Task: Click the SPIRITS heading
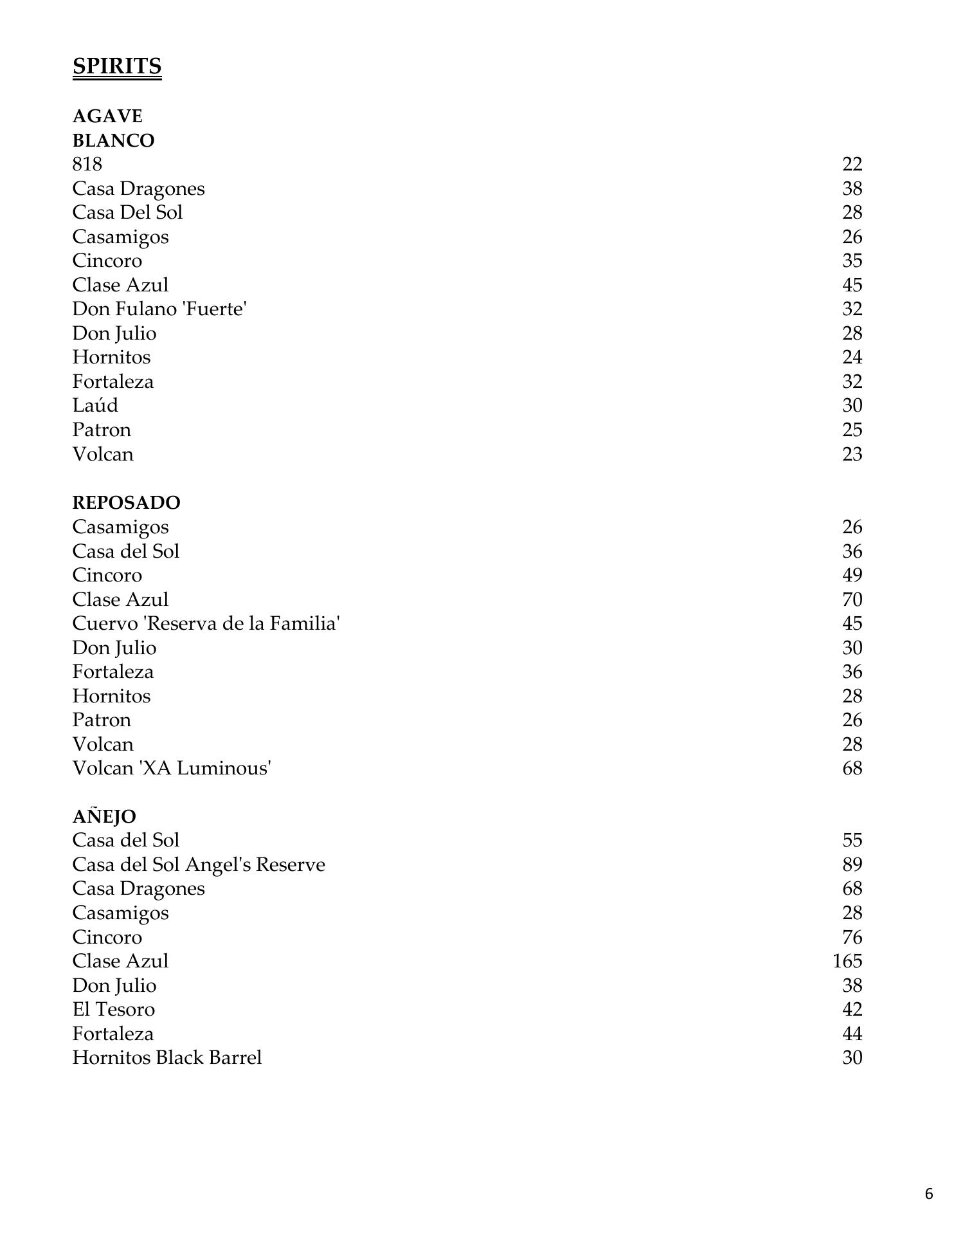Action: (x=116, y=66)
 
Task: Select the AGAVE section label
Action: (x=107, y=116)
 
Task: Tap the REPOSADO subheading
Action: (x=126, y=502)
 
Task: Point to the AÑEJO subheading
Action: (x=104, y=816)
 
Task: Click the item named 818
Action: (x=87, y=165)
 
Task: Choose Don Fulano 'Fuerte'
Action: (x=159, y=309)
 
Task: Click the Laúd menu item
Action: (x=95, y=406)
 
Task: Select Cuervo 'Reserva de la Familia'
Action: (x=206, y=623)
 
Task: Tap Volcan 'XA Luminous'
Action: (x=172, y=768)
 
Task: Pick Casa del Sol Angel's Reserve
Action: (x=199, y=864)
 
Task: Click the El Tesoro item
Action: (x=113, y=1009)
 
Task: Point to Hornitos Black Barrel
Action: (x=167, y=1057)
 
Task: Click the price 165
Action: (x=847, y=961)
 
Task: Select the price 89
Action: (x=852, y=864)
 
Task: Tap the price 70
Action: (x=852, y=599)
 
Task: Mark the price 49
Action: (x=852, y=575)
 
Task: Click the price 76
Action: (x=852, y=937)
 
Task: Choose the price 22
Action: (x=852, y=165)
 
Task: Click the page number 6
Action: (x=928, y=1194)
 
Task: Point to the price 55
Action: (x=852, y=840)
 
